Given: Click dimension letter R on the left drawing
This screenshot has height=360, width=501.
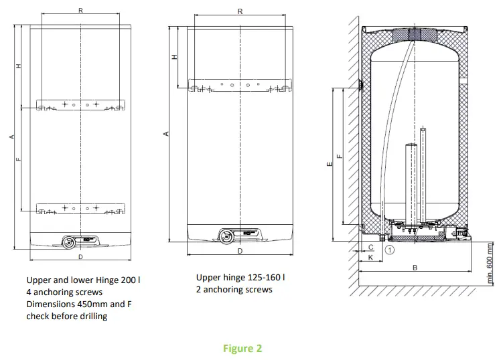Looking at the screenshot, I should pos(81,11).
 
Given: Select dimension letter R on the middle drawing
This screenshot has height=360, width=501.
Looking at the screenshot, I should pos(240,11).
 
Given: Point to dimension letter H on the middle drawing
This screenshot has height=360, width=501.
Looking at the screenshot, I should pos(175,58).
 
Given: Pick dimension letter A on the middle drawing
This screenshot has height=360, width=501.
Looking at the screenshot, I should pos(166,134).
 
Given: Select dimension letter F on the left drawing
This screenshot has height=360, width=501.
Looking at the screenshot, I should pos(19,159).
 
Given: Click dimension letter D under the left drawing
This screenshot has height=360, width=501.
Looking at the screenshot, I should pos(81,256).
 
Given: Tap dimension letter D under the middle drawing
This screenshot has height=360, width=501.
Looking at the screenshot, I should pos(240,251).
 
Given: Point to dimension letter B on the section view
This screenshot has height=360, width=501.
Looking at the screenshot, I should pos(415,268).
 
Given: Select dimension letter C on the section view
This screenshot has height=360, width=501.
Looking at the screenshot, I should pos(370,247).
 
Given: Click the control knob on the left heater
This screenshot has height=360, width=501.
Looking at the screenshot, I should pos(68,242).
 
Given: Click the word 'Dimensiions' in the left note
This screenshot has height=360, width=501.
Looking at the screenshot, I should pos(50,304).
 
